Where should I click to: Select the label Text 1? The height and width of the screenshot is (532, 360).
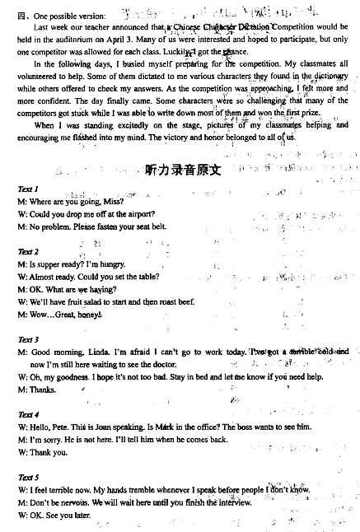(29, 189)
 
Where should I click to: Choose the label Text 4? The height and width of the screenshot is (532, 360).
(29, 414)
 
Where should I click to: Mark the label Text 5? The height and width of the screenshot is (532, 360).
(29, 477)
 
